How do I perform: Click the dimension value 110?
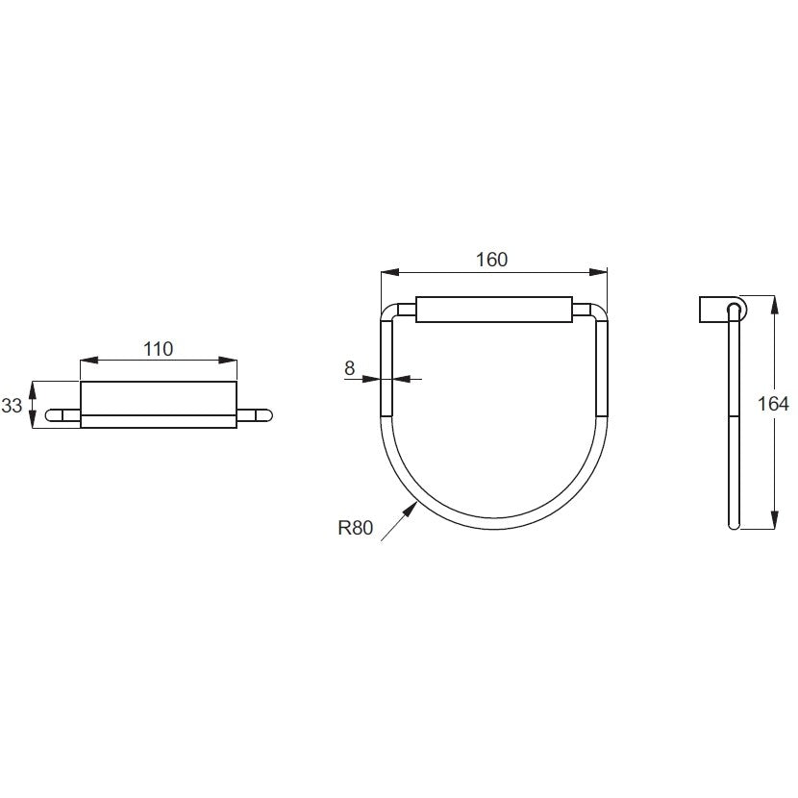[x=159, y=349]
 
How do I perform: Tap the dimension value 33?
[x=12, y=406]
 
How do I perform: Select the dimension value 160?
[x=491, y=260]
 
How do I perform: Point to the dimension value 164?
[x=773, y=404]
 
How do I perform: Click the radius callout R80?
[x=355, y=528]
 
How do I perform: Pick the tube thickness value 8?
[x=349, y=368]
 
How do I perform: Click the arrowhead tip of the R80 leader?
[x=417, y=502]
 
